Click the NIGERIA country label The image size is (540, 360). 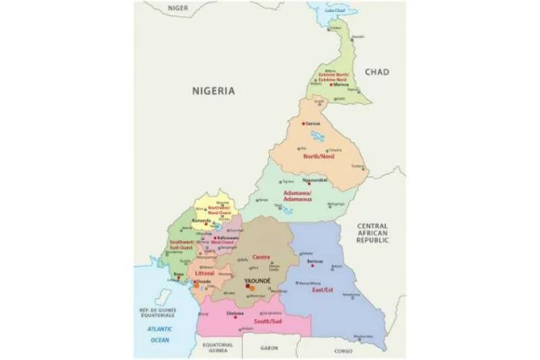click(x=214, y=92)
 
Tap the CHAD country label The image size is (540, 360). click(x=376, y=72)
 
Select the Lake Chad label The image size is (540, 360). click(x=334, y=10)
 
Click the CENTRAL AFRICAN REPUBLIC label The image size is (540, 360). click(x=373, y=234)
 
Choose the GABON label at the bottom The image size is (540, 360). click(x=269, y=348)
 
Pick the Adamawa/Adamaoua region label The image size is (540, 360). click(x=297, y=197)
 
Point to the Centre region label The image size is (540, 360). click(x=261, y=257)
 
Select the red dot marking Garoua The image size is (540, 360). click(x=304, y=122)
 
